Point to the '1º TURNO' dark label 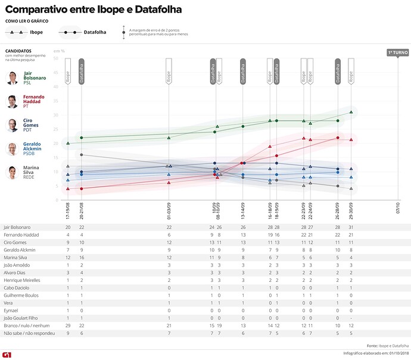point(397,52)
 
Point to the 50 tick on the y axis point(55,58)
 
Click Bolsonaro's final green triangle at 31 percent point(351,112)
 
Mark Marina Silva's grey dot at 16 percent point(81,155)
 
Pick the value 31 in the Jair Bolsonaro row point(351,227)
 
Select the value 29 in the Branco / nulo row point(67,325)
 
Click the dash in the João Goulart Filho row point(351,317)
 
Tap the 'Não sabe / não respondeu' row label point(29,333)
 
